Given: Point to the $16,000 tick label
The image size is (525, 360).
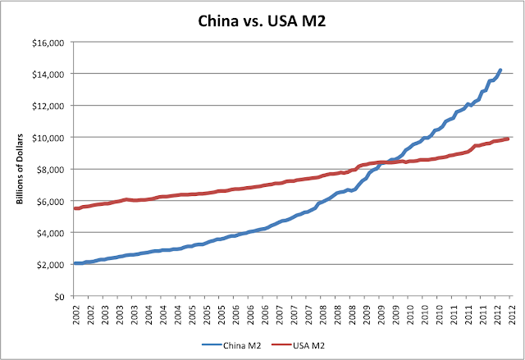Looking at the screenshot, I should click(x=52, y=42).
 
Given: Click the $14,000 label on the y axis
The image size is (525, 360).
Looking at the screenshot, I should click(x=52, y=74).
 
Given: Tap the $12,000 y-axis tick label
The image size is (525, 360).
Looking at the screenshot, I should click(x=52, y=106).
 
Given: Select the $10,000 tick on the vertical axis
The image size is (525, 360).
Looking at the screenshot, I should click(x=52, y=138).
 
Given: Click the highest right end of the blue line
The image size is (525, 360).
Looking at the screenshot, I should click(x=500, y=70).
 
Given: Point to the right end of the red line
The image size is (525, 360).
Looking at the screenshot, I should click(x=508, y=139).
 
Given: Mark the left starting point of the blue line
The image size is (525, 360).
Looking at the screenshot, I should click(x=75, y=263).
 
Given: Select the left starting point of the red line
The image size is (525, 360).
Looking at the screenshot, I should click(x=75, y=208).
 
